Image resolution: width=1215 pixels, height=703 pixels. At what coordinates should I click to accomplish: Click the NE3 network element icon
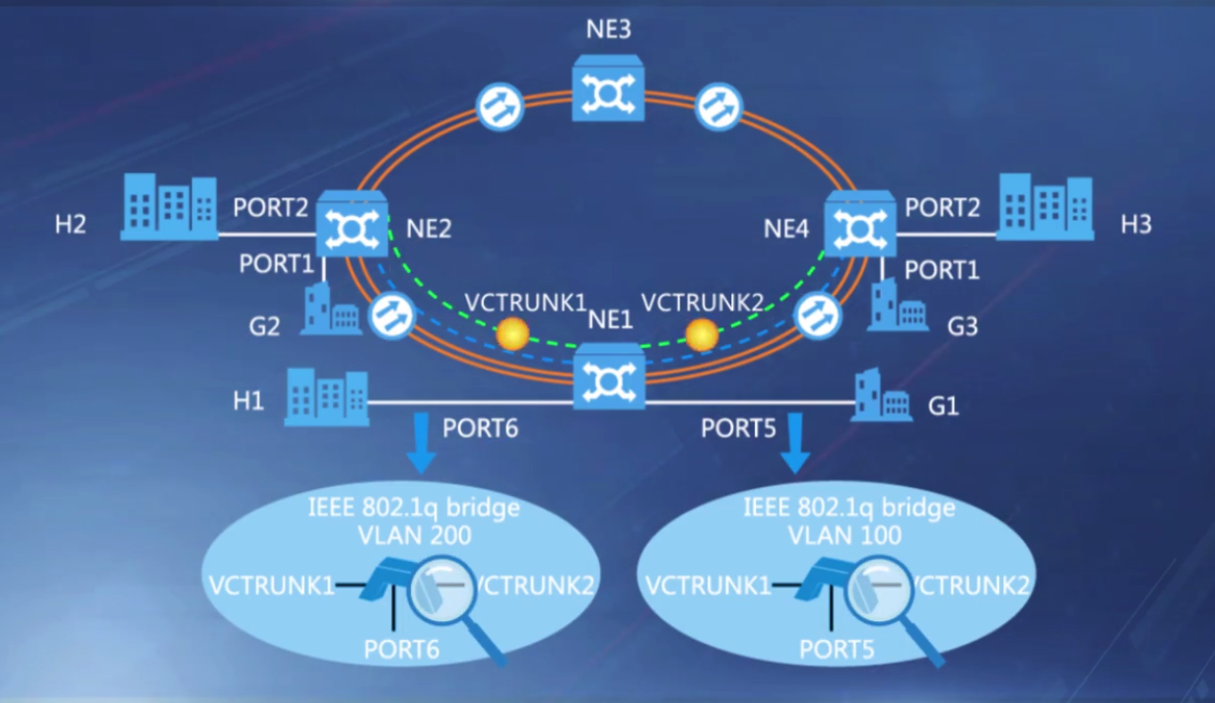tap(608, 88)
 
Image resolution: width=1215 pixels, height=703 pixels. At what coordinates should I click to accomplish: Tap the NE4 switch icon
tap(859, 224)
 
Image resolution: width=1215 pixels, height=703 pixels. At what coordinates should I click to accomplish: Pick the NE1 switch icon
tap(609, 376)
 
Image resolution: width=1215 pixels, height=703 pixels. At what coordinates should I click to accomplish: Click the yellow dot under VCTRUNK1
tap(512, 335)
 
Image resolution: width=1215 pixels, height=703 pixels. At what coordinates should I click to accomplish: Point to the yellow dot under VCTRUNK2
tap(702, 335)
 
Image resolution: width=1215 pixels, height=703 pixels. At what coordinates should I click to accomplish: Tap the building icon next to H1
tap(326, 397)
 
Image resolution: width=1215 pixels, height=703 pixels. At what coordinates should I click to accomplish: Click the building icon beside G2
tap(329, 309)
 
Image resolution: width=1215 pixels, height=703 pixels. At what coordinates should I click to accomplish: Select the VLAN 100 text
tap(844, 535)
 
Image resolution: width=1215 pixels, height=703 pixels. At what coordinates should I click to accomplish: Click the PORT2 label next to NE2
tap(271, 208)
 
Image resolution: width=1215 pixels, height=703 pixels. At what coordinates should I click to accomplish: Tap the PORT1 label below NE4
tap(942, 268)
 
